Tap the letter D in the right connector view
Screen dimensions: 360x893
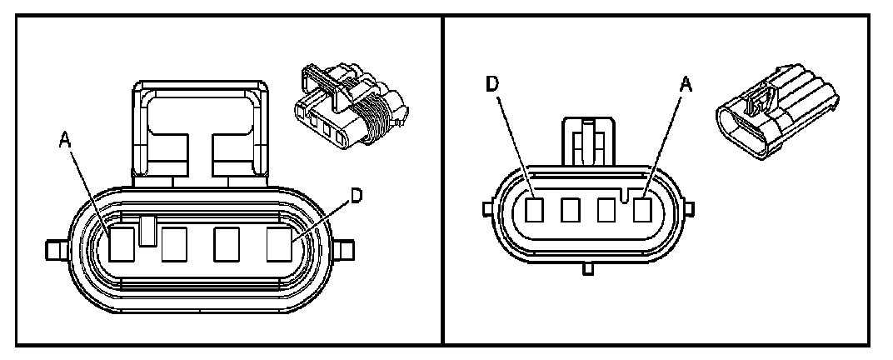[493, 83]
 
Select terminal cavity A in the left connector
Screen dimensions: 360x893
[122, 244]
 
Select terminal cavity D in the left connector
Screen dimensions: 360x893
[280, 244]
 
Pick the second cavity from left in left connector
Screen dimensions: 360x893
[176, 244]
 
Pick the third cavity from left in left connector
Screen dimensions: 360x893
[227, 244]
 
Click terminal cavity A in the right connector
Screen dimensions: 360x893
[641, 209]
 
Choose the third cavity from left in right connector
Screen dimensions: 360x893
[606, 209]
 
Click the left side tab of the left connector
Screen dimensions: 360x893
[55, 248]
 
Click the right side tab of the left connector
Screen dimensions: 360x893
[345, 247]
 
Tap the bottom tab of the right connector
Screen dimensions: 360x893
[587, 268]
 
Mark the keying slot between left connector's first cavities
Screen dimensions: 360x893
[147, 231]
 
